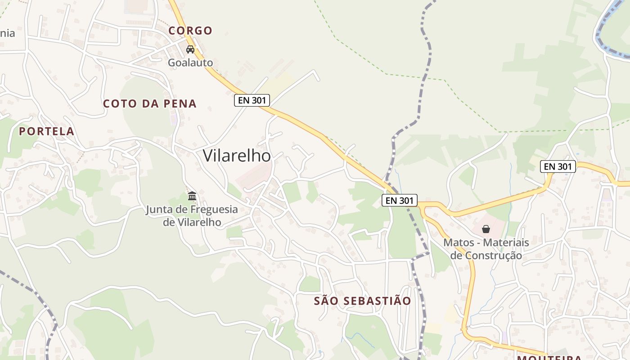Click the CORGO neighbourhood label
tap(190, 31)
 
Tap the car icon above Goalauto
tap(190, 49)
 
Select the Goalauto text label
tap(190, 63)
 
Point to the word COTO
tap(120, 103)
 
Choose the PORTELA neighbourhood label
tap(46, 131)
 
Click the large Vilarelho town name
tap(237, 156)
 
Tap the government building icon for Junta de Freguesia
tap(192, 196)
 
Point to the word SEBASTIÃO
tap(377, 301)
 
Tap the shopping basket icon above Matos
tap(486, 229)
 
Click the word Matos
tap(459, 243)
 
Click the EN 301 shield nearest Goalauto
tap(252, 100)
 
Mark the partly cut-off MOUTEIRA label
tap(549, 358)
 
